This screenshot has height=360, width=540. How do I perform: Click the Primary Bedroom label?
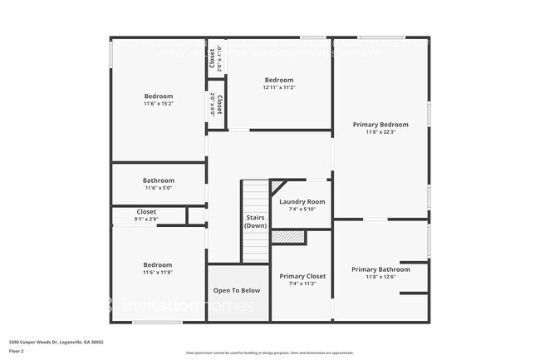tap(380, 124)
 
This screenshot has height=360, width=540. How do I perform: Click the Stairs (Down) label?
tap(255, 221)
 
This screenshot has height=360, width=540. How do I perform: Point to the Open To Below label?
tap(237, 291)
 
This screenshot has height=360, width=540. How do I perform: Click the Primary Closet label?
tap(302, 276)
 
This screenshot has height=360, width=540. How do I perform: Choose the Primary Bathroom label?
tap(380, 269)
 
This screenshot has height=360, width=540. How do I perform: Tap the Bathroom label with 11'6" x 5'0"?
tap(158, 180)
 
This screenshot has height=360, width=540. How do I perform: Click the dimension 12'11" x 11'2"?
tap(279, 87)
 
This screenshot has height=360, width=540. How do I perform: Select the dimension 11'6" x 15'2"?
tap(158, 104)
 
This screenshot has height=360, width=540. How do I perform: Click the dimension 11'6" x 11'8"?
tap(158, 272)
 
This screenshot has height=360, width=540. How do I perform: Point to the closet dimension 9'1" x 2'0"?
tap(145, 219)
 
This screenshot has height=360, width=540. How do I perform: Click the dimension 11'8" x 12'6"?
tap(380, 277)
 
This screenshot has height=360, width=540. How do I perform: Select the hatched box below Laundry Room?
tap(288, 237)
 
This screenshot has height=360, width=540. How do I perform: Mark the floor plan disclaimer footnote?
tap(269, 353)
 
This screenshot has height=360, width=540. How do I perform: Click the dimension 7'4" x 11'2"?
tap(302, 284)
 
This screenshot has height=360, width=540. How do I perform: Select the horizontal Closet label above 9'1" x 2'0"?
tap(145, 212)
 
